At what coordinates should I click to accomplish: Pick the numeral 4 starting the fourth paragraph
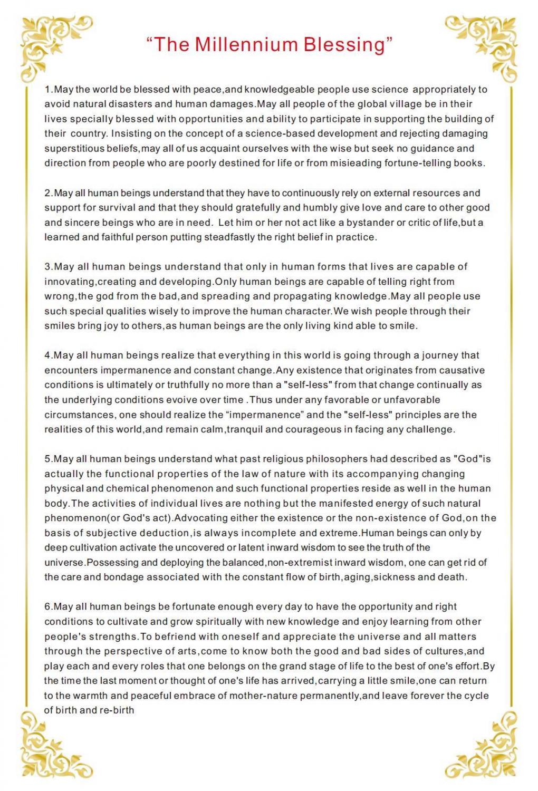point(47,355)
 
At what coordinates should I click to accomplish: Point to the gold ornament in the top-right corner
point(488,45)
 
